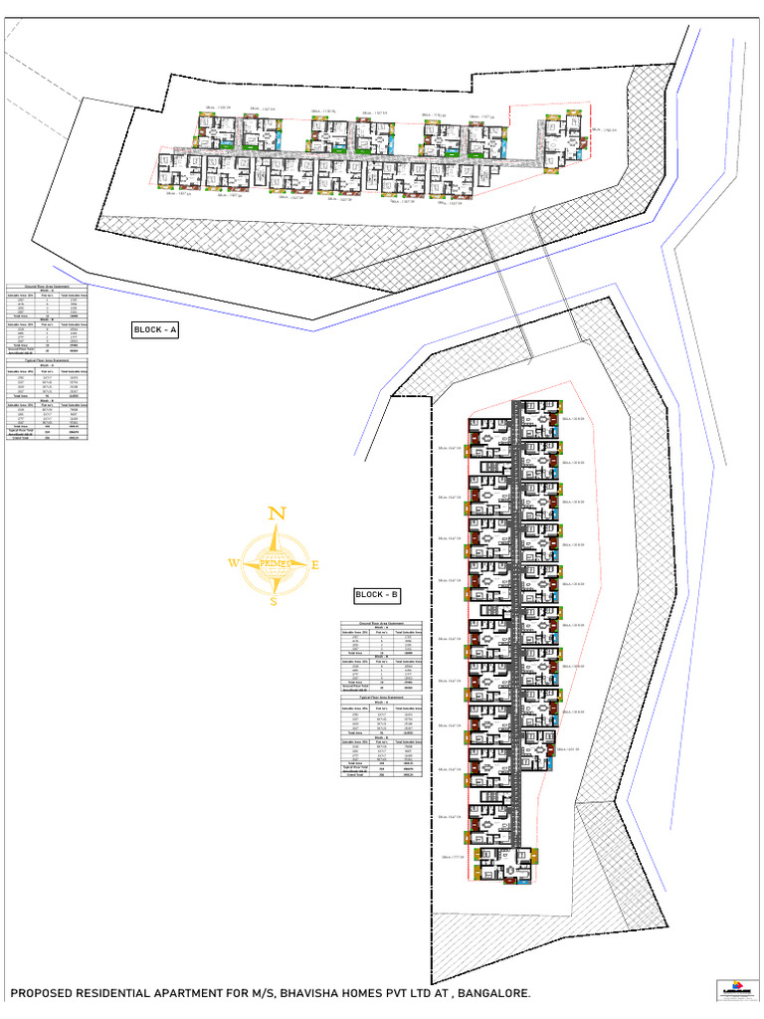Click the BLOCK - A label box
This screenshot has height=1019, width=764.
(x=155, y=331)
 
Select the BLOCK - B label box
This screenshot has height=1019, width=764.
(x=377, y=595)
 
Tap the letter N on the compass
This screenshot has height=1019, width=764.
(x=278, y=514)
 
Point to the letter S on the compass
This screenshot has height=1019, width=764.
(x=274, y=600)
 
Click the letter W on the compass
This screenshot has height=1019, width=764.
(x=234, y=563)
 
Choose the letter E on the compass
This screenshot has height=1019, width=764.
(x=315, y=565)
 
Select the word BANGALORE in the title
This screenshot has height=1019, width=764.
(x=491, y=993)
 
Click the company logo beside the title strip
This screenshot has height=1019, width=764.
(x=734, y=989)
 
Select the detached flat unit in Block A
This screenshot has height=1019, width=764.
(x=564, y=141)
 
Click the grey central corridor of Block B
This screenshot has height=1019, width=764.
(x=514, y=597)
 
